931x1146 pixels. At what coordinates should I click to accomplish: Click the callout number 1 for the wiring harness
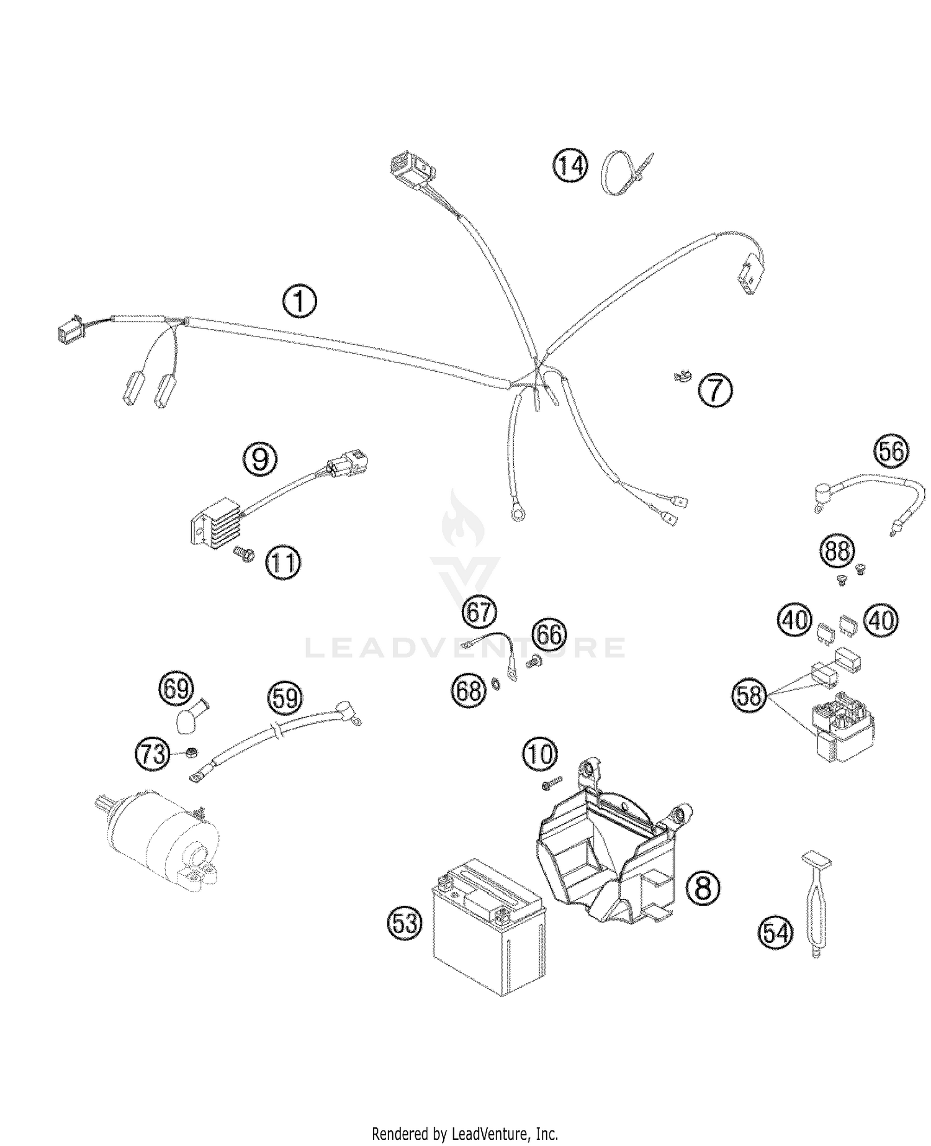pos(300,302)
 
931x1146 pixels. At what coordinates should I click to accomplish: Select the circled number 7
pos(715,390)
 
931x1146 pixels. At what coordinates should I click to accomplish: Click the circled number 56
pos(891,451)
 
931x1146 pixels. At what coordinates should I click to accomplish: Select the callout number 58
pos(749,695)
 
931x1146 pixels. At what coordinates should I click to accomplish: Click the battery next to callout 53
pos(488,926)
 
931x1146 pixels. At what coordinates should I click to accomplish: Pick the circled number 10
pos(539,754)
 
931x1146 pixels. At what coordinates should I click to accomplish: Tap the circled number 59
pos(285,698)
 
